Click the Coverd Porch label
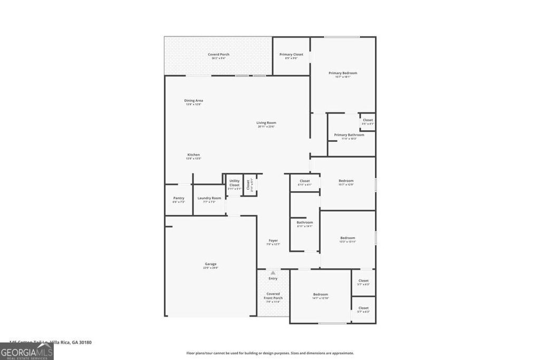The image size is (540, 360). (x=218, y=55)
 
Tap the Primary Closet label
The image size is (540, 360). (x=291, y=55)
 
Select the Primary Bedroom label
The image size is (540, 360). (x=343, y=73)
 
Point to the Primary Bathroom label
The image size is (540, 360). (x=349, y=135)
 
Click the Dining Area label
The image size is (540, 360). (x=194, y=101)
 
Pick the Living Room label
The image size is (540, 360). (x=266, y=123)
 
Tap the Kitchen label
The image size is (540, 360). (x=193, y=155)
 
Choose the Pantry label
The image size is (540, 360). (x=179, y=198)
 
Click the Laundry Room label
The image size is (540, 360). (x=209, y=198)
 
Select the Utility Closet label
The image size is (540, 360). (x=234, y=183)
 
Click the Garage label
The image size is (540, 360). (x=210, y=264)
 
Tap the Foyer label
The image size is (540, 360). (x=273, y=241)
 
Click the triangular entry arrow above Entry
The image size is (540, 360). (x=273, y=273)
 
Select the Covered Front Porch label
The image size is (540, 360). (x=273, y=296)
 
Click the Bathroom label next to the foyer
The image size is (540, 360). (x=305, y=222)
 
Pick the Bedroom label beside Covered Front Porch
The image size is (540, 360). (x=321, y=295)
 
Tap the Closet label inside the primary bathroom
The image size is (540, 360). (x=368, y=120)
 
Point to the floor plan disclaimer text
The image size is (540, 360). (x=270, y=353)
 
